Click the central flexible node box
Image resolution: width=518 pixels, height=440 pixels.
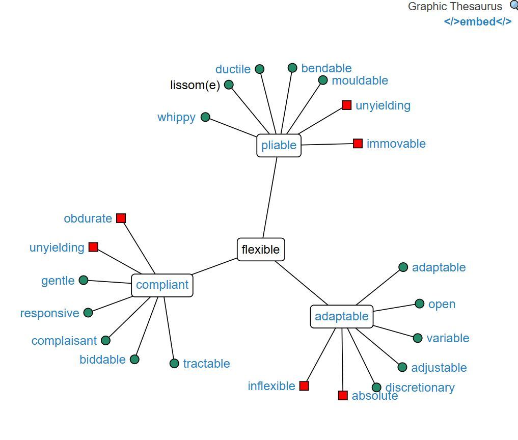[261, 250]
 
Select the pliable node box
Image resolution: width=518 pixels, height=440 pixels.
[279, 146]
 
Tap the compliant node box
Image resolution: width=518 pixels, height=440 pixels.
[162, 285]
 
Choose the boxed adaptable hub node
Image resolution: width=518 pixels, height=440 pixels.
[341, 316]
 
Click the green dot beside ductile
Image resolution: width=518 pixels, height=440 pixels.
[260, 69]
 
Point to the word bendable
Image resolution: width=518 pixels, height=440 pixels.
[326, 68]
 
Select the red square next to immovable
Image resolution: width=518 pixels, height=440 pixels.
[358, 144]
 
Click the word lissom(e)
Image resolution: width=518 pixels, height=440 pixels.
[195, 85]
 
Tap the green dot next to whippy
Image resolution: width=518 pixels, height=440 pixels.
[206, 117]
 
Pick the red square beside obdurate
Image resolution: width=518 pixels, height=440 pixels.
[121, 218]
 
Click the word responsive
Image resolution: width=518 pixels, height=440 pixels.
[50, 313]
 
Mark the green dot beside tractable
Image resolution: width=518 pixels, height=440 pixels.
[174, 364]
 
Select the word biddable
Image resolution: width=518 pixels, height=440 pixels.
[102, 360]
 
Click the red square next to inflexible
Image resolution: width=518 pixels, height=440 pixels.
[305, 386]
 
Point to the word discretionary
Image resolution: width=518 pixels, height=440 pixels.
[420, 388]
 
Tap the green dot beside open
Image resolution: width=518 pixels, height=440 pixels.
[420, 304]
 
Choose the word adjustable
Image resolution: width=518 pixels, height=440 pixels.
[439, 368]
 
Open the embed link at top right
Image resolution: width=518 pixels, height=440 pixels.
[478, 22]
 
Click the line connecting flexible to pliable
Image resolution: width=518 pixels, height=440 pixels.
[270, 199]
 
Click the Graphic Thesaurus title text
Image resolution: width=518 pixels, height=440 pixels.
[455, 7]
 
